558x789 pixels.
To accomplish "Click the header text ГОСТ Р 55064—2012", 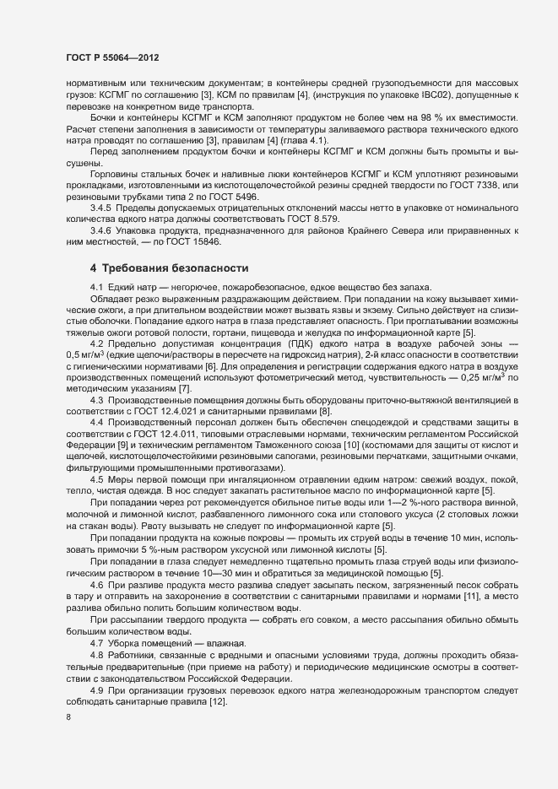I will [111, 58].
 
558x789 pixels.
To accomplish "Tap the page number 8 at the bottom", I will [68, 717].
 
